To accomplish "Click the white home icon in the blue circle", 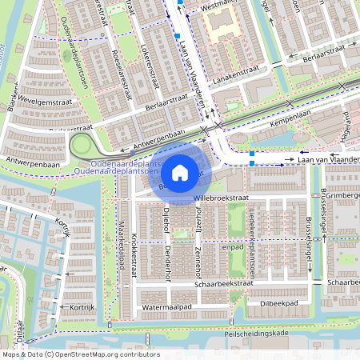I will point(180,172).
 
